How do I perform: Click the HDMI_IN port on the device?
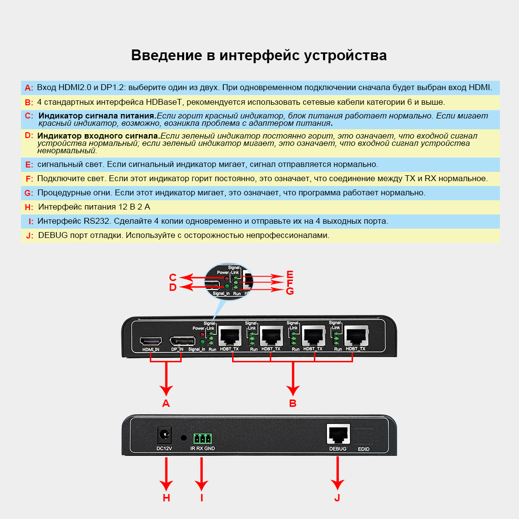(x=151, y=341)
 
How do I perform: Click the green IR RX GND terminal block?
(x=202, y=437)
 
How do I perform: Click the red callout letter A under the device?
(x=166, y=403)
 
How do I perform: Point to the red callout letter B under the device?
(x=293, y=403)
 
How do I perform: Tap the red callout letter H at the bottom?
(x=166, y=497)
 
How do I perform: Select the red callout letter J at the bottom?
(x=337, y=497)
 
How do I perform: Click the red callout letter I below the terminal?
(x=201, y=497)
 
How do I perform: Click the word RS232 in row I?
(x=97, y=221)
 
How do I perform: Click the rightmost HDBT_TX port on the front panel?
(x=356, y=336)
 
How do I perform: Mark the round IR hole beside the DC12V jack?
(x=184, y=437)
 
